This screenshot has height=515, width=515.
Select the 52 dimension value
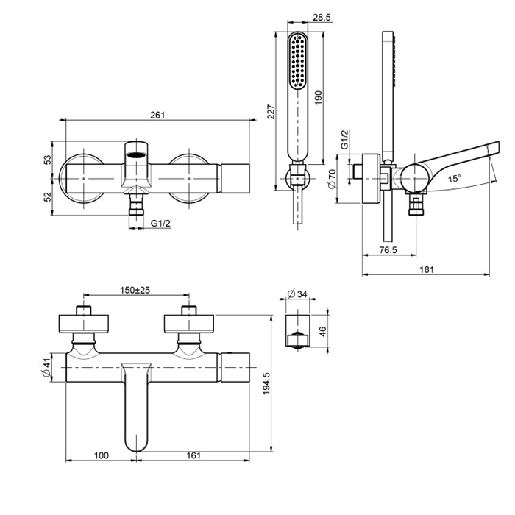click(x=47, y=198)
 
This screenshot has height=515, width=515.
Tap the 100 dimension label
click(x=102, y=456)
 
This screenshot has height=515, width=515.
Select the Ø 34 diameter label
click(x=296, y=294)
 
